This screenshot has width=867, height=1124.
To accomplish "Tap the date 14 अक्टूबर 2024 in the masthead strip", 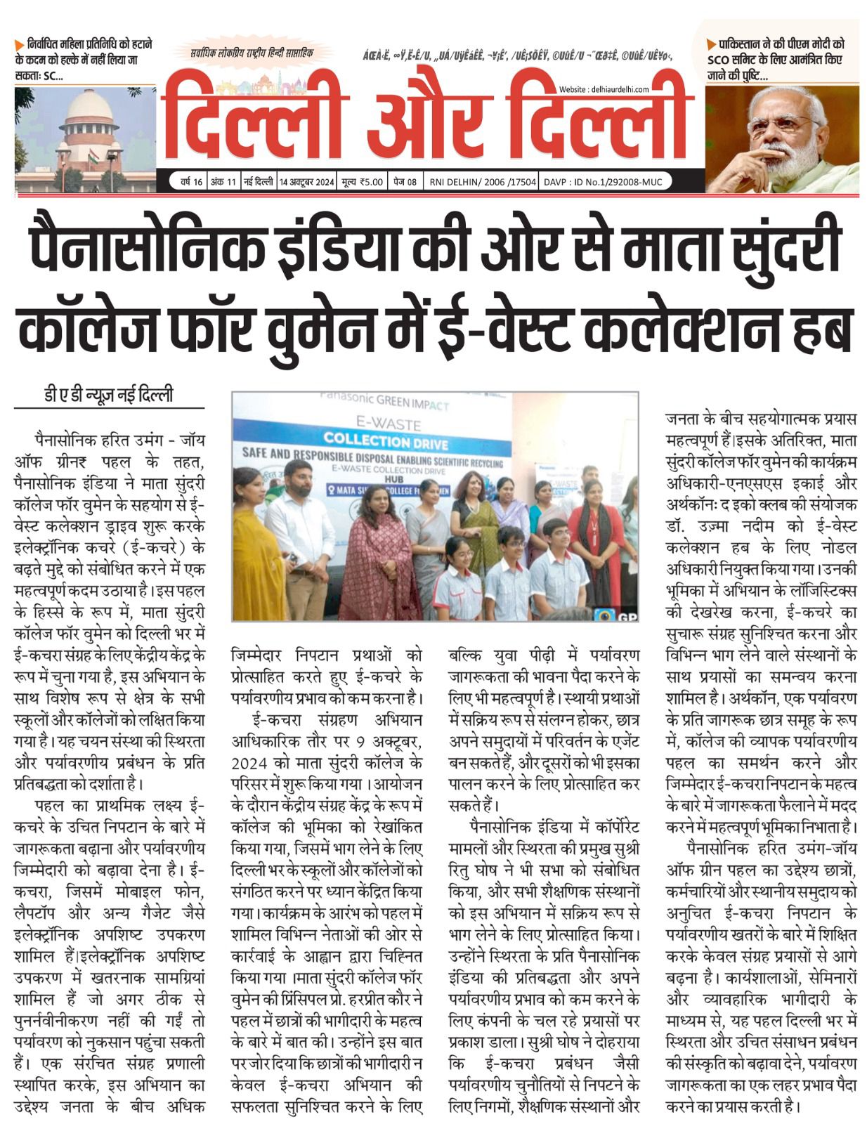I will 306,182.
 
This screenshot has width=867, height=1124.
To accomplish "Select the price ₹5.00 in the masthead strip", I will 363,182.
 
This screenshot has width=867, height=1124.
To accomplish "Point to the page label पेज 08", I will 405,182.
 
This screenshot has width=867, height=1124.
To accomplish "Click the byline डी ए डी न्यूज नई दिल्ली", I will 108,396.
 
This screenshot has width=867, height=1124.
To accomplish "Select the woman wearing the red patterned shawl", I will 379,555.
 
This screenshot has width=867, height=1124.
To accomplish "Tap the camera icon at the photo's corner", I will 601,613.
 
